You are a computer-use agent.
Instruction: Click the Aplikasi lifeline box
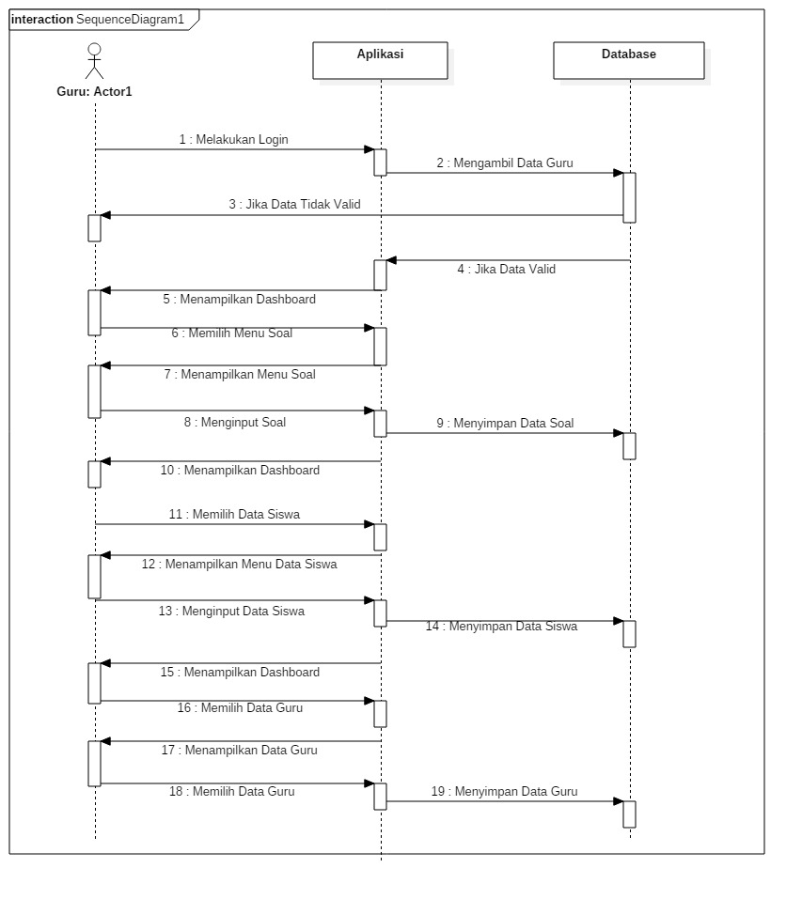point(380,59)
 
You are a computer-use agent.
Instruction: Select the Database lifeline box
point(628,59)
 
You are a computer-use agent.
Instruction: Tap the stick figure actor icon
point(94,62)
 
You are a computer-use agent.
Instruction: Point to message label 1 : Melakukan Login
point(234,140)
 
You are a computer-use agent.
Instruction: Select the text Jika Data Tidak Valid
point(294,205)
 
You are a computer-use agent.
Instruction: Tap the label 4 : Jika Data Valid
point(507,270)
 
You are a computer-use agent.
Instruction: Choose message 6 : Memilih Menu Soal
point(232,333)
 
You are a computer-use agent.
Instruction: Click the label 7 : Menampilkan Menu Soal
point(240,375)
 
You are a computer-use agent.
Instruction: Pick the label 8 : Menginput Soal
point(235,423)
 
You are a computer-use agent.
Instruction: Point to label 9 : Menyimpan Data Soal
point(505,424)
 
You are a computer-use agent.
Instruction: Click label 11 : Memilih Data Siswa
point(235,515)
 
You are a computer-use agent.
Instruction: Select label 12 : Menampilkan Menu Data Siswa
point(240,565)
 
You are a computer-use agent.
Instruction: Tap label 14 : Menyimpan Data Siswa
point(501,627)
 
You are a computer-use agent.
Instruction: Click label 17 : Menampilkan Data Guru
point(239,751)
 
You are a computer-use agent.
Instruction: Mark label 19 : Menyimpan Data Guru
point(505,792)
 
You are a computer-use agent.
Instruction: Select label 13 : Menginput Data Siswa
point(231,612)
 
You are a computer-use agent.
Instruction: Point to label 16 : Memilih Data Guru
point(241,708)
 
